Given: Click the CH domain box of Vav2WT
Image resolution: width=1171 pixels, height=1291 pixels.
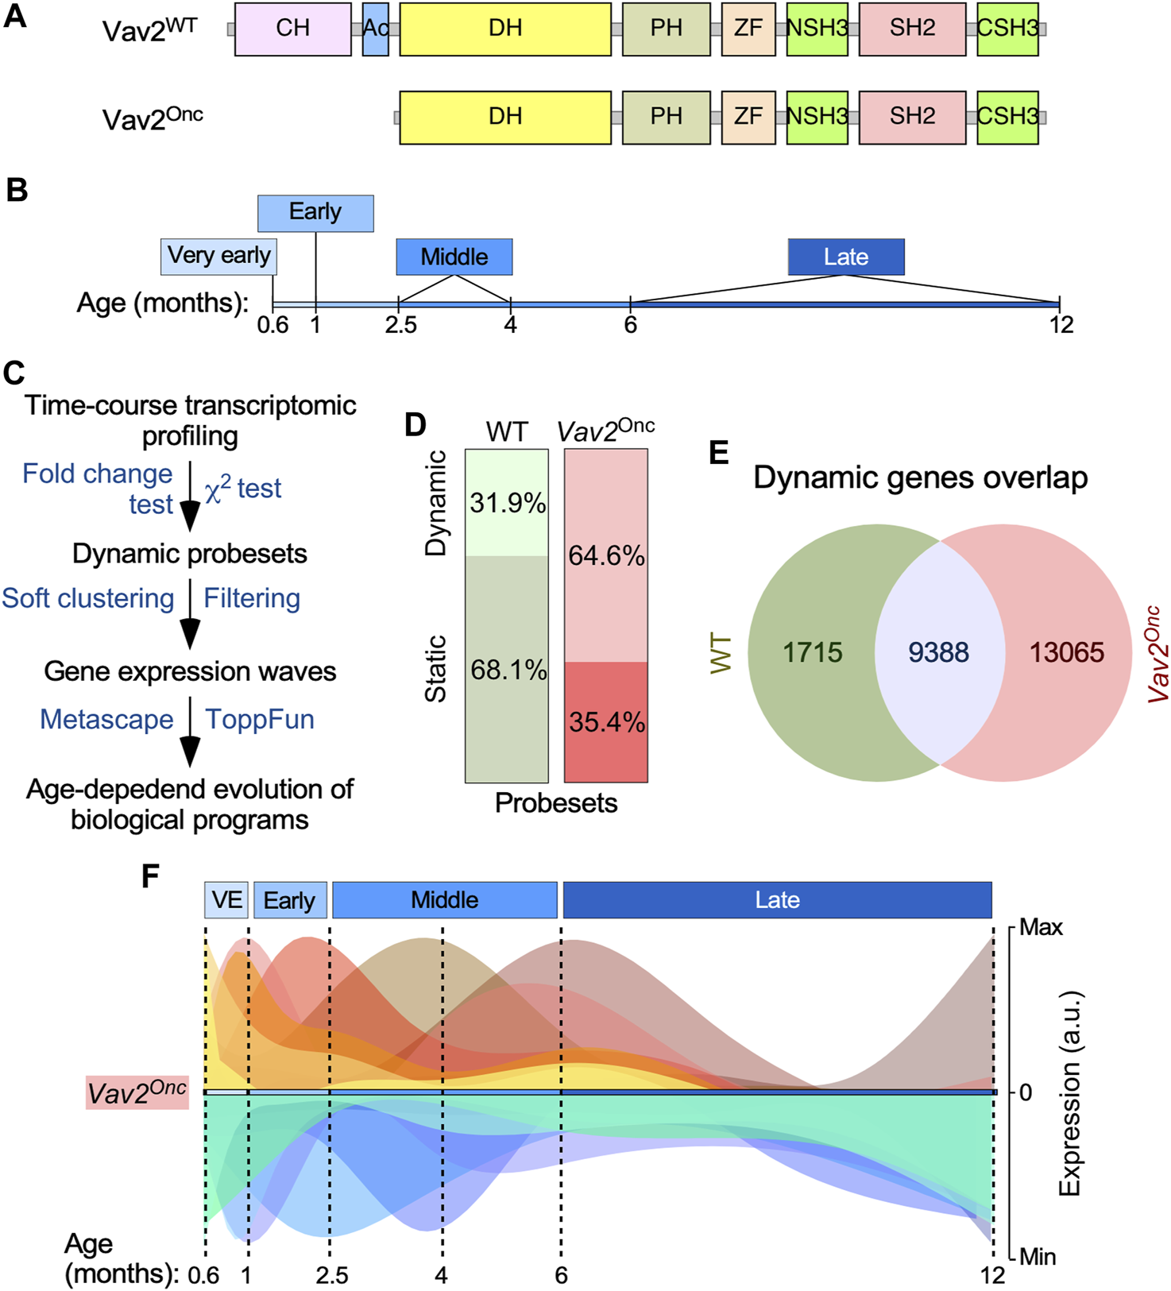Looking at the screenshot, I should [292, 29].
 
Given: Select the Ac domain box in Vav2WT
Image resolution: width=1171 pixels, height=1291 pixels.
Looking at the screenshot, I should [375, 29].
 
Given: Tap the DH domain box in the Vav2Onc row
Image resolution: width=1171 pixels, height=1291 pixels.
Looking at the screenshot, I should [505, 117].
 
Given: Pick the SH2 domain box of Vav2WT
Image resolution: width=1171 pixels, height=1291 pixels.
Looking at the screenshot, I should [912, 29].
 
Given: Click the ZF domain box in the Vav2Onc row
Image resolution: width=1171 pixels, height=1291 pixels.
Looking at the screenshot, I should [748, 117].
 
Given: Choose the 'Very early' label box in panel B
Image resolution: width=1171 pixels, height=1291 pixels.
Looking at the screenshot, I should [218, 256].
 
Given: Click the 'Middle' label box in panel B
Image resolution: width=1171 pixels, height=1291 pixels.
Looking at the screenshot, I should [454, 257].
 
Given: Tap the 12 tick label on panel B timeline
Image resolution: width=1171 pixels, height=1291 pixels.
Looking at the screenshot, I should [1061, 325].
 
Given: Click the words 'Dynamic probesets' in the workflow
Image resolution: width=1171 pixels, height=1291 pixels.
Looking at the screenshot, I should [190, 554].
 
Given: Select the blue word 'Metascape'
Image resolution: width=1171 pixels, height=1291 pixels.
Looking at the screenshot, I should [106, 719].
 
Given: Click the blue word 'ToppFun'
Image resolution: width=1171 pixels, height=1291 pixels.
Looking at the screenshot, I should [260, 719].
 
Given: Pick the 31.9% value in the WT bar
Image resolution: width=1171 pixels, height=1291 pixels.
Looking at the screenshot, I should [507, 503].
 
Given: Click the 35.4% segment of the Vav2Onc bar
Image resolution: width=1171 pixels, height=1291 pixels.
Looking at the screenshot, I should [606, 722].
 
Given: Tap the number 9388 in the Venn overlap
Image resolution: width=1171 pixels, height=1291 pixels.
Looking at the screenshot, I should [938, 652].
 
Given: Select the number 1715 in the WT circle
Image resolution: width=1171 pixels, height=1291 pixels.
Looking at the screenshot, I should [812, 652].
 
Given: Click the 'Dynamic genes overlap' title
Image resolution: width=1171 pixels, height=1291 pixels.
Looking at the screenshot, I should [920, 477].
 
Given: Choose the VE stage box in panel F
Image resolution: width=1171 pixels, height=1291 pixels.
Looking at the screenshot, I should [226, 900].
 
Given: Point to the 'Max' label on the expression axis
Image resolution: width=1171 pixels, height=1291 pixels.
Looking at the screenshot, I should [1041, 927].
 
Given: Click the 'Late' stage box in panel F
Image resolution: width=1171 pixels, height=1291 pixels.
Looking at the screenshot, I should [777, 900].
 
